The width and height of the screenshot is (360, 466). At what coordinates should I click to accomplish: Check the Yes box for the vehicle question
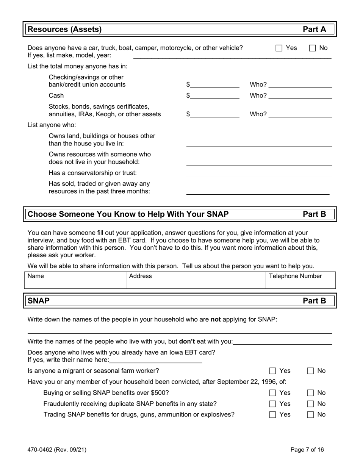click(279, 48)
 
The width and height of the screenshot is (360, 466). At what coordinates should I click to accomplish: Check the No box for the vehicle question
click(313, 48)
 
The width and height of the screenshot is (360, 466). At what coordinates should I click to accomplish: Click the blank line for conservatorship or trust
click(259, 174)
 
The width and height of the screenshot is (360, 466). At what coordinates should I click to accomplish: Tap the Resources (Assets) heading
click(65, 30)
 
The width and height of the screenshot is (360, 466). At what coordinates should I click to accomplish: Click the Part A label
click(314, 30)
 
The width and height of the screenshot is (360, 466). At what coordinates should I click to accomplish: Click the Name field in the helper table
click(75, 280)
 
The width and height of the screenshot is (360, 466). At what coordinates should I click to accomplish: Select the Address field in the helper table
click(195, 280)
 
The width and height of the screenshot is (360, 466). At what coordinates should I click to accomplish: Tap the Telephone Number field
click(300, 280)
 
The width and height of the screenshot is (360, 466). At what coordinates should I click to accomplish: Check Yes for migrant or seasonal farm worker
click(273, 371)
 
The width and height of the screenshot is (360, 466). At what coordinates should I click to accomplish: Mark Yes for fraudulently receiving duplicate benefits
click(273, 404)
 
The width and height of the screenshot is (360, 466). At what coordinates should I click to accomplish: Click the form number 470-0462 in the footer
click(57, 450)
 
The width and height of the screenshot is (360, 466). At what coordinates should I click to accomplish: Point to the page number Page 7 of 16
click(307, 450)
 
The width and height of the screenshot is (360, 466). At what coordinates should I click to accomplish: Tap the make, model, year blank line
click(232, 56)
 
